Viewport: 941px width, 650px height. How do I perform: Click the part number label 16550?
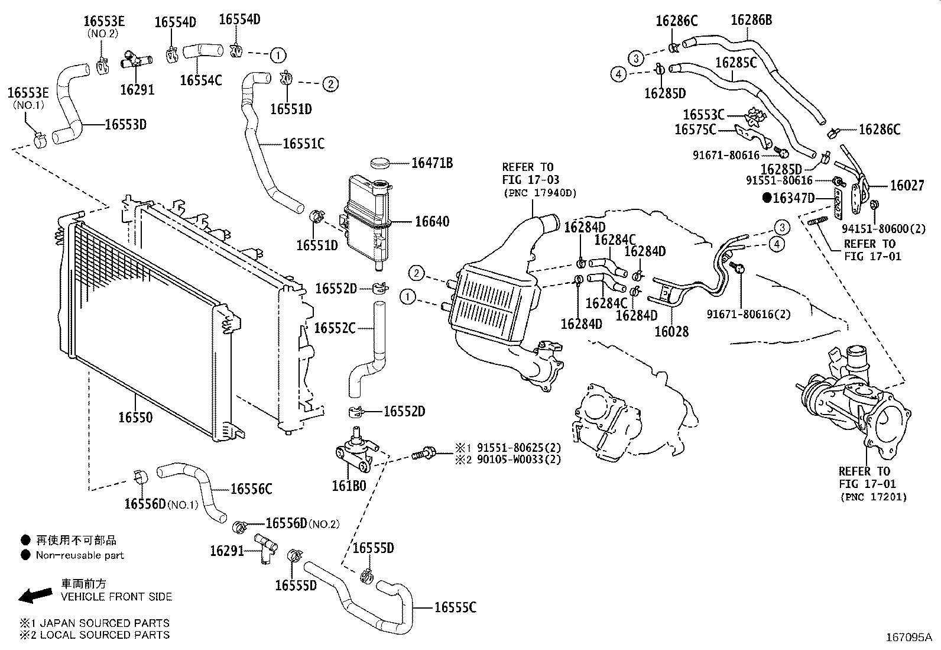click(135, 418)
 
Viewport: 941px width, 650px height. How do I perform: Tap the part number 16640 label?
click(431, 222)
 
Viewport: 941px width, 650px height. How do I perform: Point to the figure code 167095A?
click(908, 638)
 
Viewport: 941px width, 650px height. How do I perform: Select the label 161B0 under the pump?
click(349, 486)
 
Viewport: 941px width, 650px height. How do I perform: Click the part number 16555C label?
click(455, 607)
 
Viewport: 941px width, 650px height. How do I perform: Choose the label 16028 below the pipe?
click(671, 332)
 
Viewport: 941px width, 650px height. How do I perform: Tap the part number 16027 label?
click(907, 186)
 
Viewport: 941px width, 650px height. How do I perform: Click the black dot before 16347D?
click(767, 198)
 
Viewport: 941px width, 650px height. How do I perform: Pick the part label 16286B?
click(751, 20)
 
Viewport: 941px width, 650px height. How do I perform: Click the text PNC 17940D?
click(540, 193)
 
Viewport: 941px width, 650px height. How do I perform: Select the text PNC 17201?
click(873, 497)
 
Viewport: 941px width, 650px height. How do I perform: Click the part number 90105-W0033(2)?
click(518, 459)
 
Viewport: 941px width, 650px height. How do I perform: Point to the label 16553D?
click(125, 124)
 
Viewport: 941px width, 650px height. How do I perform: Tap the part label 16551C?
click(303, 144)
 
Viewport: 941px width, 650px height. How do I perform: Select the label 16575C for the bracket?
click(695, 129)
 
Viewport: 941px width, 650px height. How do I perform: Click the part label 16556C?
click(251, 489)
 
